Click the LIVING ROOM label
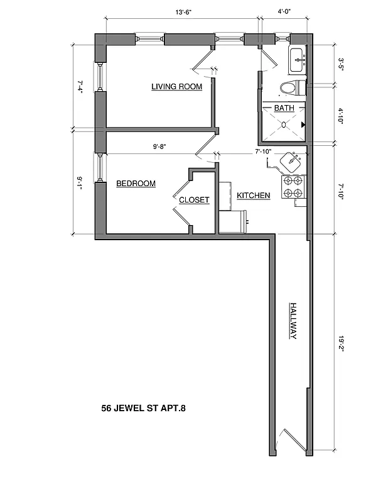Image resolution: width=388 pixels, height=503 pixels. pyautogui.click(x=176, y=87)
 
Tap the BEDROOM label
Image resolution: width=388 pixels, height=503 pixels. pyautogui.click(x=136, y=184)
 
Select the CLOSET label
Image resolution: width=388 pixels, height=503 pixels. pyautogui.click(x=194, y=200)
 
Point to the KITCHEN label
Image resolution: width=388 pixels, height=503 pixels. pyautogui.click(x=253, y=196)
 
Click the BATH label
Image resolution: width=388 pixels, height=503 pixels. pyautogui.click(x=284, y=108)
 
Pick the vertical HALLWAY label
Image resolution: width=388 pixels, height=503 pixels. pyautogui.click(x=293, y=321)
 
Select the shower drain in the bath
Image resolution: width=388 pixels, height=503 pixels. pyautogui.click(x=284, y=124)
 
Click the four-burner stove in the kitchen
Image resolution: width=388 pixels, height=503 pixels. pyautogui.click(x=293, y=187)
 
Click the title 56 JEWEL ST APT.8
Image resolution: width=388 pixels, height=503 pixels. pyautogui.click(x=144, y=408)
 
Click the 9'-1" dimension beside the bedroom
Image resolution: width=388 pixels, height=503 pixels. pyautogui.click(x=80, y=183)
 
